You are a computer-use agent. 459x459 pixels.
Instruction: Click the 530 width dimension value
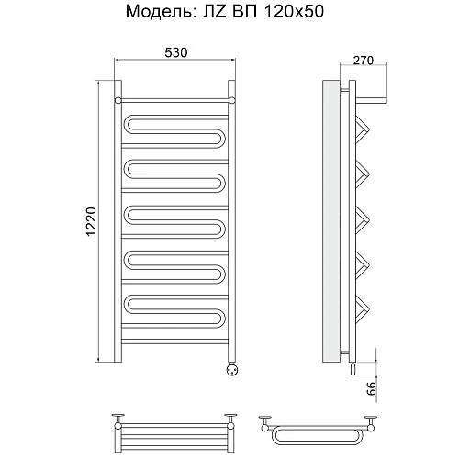coord(176,52)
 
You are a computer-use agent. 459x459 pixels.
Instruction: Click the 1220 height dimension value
coord(91,222)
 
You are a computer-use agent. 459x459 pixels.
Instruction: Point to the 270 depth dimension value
coord(364,61)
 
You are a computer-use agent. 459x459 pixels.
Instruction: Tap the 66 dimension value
coord(372,388)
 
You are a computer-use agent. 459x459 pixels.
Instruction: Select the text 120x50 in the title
coord(294,12)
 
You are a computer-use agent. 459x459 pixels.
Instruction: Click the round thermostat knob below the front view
coord(231,370)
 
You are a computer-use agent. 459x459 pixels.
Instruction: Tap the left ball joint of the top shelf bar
coord(118,100)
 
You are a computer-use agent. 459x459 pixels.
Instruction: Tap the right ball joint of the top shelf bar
coord(232,100)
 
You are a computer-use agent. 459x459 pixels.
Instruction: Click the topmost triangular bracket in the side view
coord(364,129)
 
